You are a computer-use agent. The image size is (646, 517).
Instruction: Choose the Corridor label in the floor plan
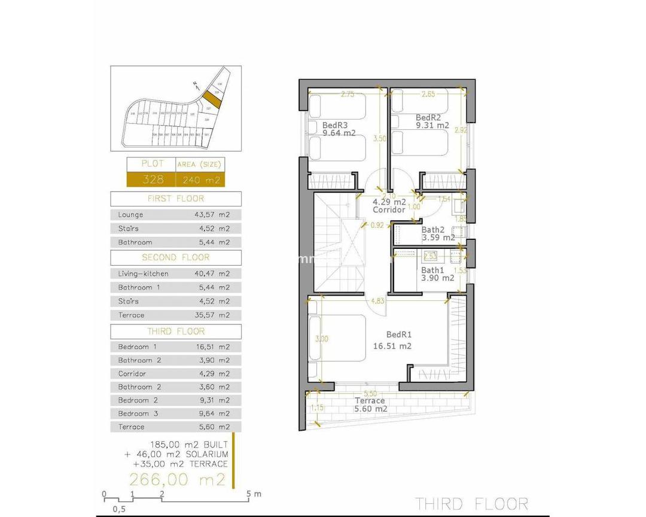point(389,210)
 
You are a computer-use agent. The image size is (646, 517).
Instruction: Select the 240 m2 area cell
point(200,180)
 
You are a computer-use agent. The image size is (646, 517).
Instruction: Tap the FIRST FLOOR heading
point(176,199)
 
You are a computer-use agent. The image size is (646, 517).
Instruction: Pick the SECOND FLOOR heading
point(176,257)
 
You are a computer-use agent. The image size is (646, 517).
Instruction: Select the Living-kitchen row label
point(143,273)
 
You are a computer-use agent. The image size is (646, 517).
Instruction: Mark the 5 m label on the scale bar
point(254,494)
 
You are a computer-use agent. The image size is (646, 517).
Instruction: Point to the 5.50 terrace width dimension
point(370,394)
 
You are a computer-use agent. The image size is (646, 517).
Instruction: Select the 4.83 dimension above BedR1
point(377,301)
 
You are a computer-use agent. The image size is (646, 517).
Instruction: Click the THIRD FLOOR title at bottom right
point(472,503)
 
